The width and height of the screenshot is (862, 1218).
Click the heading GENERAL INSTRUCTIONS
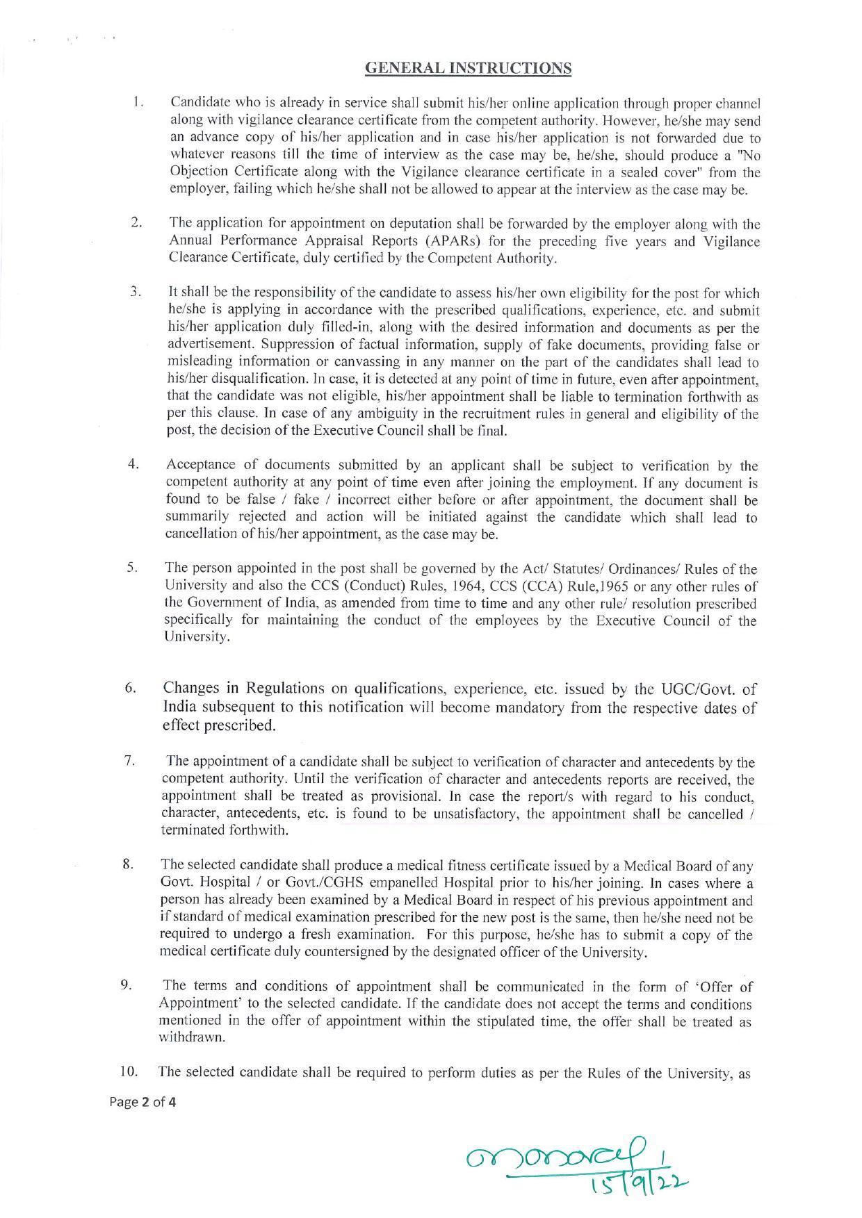pos(468,68)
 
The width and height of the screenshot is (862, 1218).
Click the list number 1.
pos(138,103)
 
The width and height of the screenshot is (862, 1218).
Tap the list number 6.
pos(130,689)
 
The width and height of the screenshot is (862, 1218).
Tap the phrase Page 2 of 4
pos(143,1102)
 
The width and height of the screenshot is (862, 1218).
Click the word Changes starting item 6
pos(192,689)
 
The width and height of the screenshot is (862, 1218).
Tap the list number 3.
pos(136,293)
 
